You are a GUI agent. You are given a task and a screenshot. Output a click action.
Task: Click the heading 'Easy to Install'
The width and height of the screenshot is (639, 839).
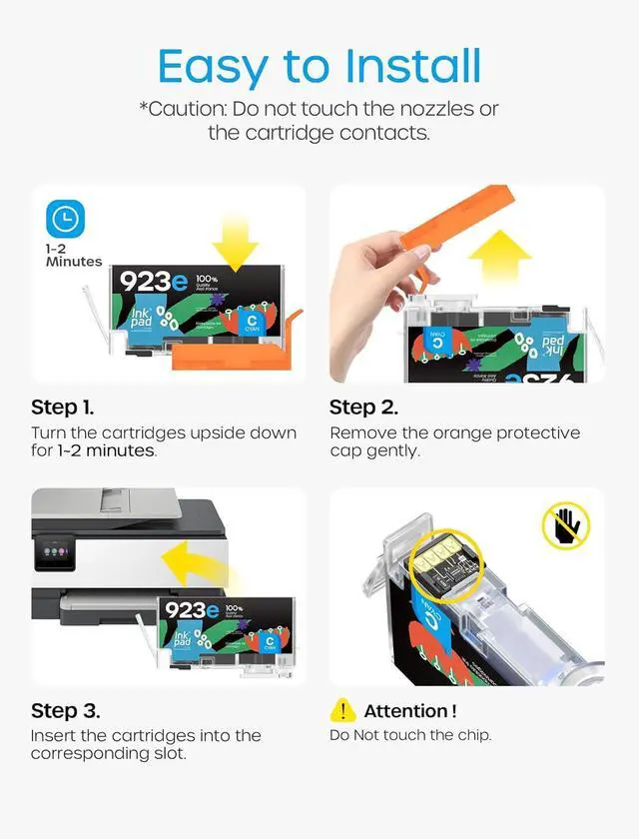[x=319, y=66]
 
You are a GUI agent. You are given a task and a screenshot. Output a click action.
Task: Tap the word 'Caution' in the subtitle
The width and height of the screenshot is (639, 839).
[x=188, y=109]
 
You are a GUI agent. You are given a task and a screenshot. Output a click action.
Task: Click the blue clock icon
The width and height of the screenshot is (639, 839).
[x=66, y=219]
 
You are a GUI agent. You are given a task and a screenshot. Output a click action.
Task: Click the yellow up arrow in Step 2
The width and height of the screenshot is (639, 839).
[x=499, y=259]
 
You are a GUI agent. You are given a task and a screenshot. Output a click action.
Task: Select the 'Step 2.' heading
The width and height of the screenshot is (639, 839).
[x=363, y=408]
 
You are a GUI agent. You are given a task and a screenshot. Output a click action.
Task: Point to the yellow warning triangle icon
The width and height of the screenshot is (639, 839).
[x=342, y=710]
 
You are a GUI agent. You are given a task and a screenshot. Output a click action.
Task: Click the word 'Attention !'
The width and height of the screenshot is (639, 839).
[x=409, y=711]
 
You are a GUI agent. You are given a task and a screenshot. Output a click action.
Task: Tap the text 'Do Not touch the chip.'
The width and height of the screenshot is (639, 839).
[x=410, y=735]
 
